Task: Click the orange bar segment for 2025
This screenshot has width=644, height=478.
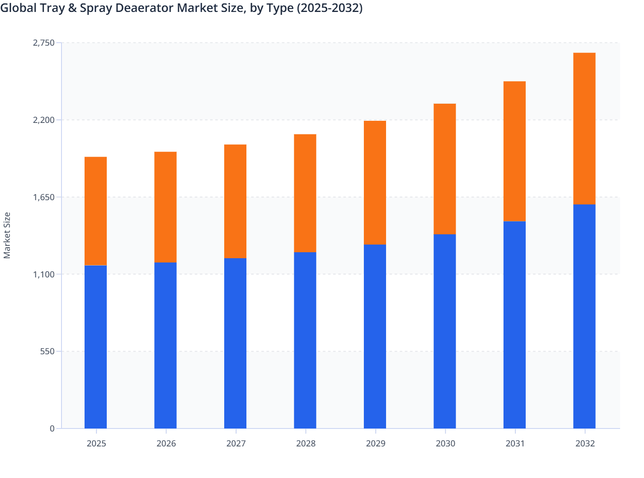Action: [96, 211]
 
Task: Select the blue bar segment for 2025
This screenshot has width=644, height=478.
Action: [96, 347]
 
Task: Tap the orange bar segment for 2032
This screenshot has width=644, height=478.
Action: [584, 128]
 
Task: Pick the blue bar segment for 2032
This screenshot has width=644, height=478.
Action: [584, 316]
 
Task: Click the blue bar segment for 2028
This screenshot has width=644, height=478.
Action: [305, 340]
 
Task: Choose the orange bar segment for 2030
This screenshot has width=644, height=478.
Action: [445, 169]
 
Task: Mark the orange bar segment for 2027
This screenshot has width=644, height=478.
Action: [235, 201]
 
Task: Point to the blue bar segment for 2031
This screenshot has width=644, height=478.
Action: [515, 325]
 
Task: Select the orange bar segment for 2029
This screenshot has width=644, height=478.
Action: [375, 183]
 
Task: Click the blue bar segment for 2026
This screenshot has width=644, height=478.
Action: [165, 345]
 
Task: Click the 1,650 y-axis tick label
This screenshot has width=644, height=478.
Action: [44, 197]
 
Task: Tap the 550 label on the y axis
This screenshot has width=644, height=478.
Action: [47, 351]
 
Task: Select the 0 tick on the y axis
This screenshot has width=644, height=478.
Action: [52, 428]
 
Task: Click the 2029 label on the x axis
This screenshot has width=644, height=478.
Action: [375, 443]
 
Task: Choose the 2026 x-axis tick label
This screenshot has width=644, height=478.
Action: [166, 443]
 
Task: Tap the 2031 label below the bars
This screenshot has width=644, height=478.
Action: [515, 443]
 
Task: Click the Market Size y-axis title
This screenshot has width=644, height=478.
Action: [7, 235]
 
